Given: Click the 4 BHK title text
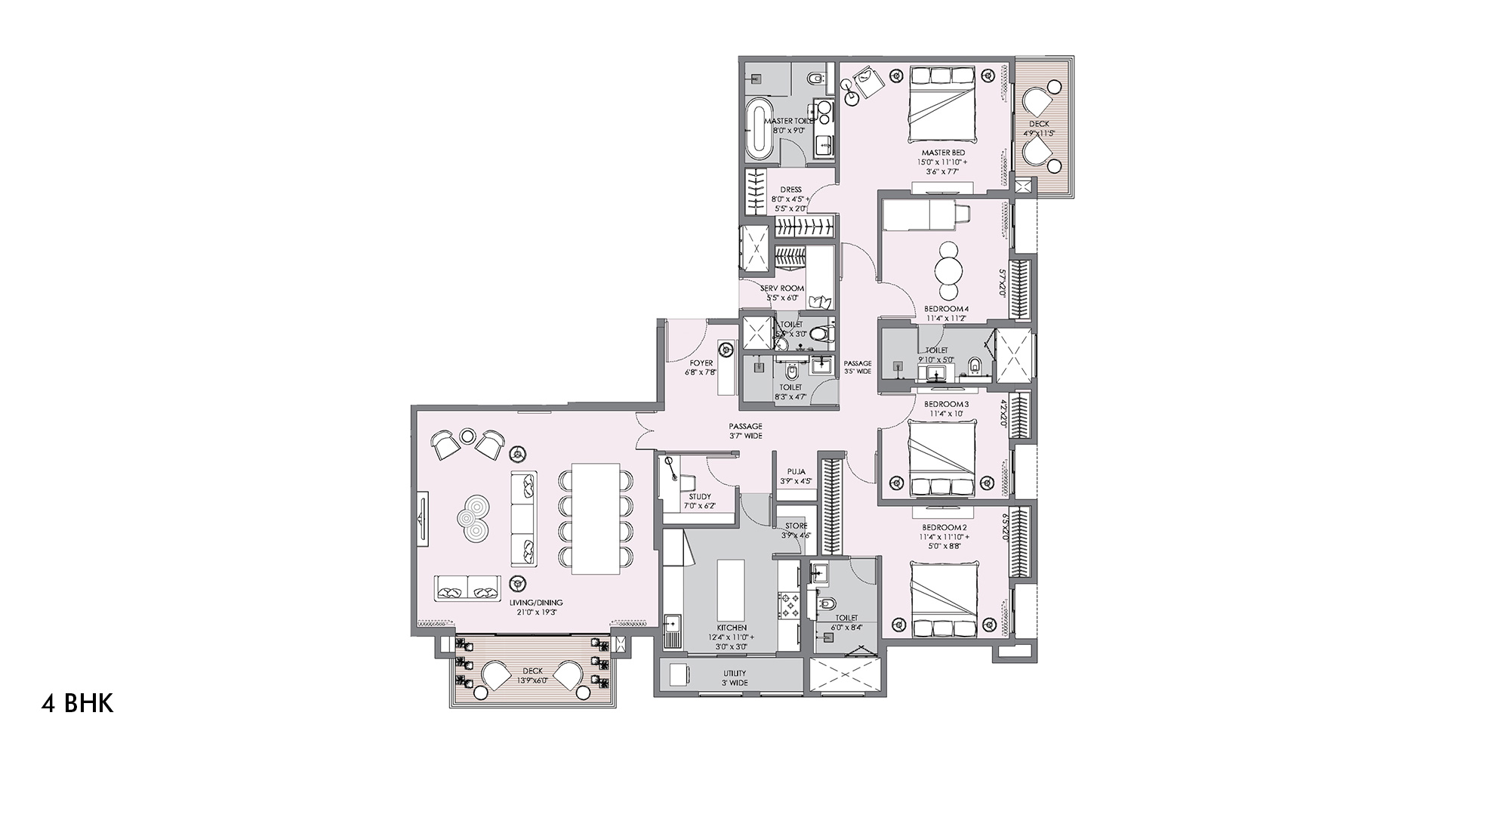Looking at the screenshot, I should point(77,704).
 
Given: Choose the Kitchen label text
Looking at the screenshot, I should point(732,628).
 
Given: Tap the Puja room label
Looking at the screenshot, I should point(795,471).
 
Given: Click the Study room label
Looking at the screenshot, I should point(700,497).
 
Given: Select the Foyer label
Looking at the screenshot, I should point(701,363).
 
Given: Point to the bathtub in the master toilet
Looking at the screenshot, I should point(759,131).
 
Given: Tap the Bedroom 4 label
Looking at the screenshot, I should point(946,309).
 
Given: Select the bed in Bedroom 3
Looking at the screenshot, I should point(941,458).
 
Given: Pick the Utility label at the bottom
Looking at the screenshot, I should point(734,673).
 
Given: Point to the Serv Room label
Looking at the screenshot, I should point(782,288).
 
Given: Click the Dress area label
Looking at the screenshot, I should point(791,190).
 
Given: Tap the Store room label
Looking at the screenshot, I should point(796,526).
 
